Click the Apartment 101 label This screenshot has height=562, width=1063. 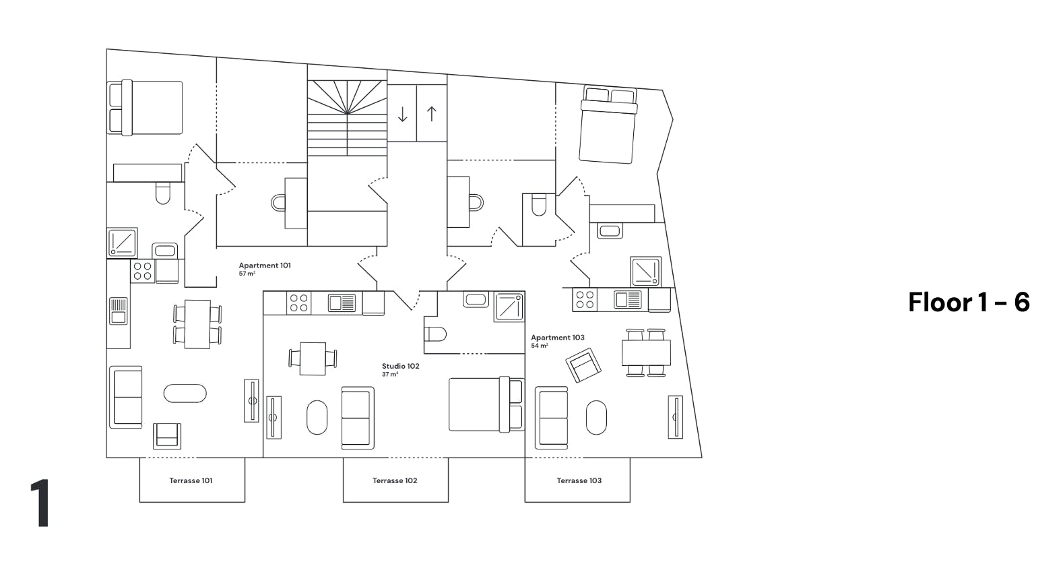tap(264, 266)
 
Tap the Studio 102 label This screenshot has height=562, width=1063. tap(401, 366)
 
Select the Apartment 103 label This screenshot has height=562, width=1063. tap(558, 338)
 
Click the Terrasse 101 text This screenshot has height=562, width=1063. tap(191, 480)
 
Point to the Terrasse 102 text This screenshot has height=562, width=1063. tap(395, 480)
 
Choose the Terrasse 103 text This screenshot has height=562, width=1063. tap(579, 480)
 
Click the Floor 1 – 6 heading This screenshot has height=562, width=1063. tap(969, 302)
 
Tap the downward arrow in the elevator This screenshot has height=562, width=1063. tap(402, 114)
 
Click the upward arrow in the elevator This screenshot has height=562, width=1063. tap(431, 113)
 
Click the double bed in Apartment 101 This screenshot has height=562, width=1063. tap(145, 108)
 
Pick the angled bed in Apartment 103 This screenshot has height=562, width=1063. tap(608, 125)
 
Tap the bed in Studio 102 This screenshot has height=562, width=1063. tap(486, 404)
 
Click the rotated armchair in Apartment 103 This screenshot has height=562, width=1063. tap(583, 365)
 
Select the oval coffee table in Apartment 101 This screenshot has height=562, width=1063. tap(185, 394)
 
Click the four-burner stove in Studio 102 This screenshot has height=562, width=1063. tap(298, 303)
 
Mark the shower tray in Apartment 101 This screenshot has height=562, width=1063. tap(123, 243)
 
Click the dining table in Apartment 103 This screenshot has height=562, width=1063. tap(646, 352)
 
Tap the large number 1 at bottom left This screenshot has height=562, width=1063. tap(40, 503)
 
